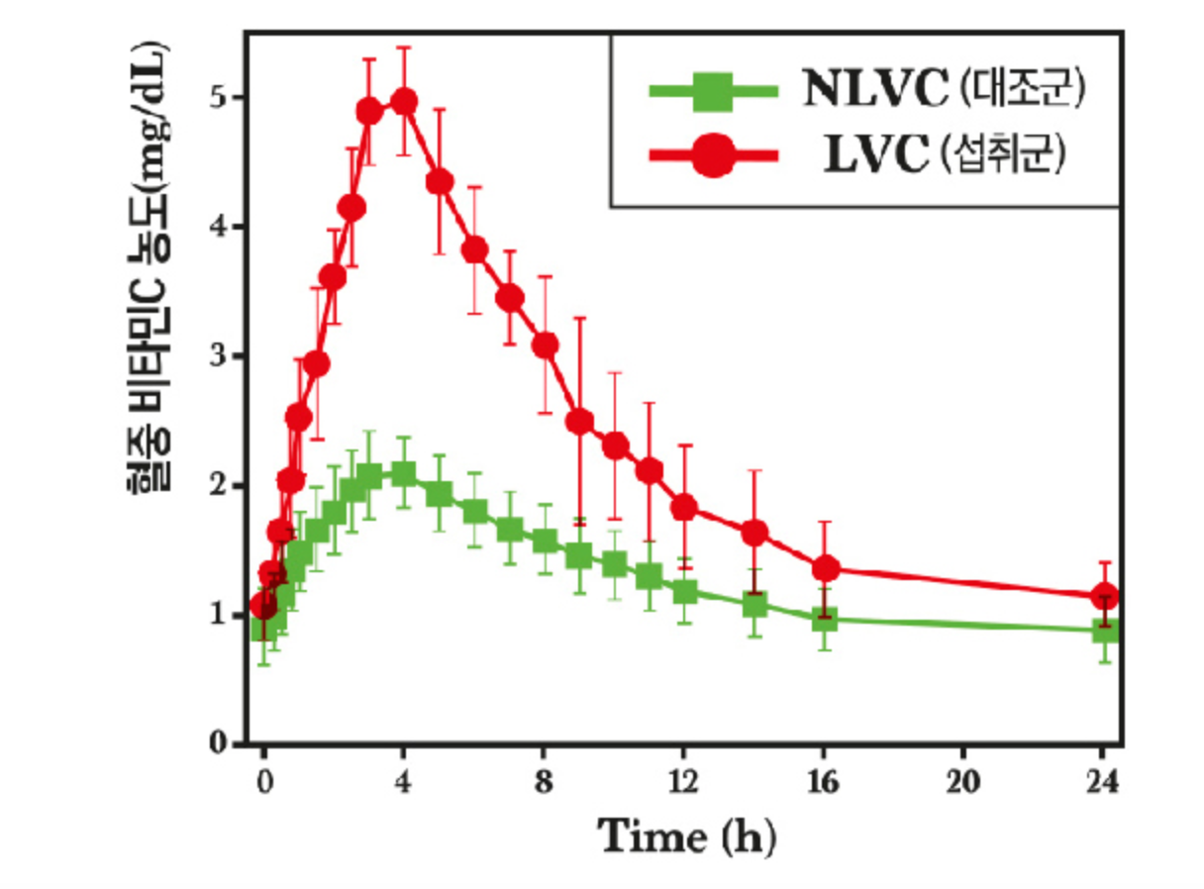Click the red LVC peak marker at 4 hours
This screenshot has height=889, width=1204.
(404, 102)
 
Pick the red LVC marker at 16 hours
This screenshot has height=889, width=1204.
(825, 569)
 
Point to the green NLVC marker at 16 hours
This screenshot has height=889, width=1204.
(825, 620)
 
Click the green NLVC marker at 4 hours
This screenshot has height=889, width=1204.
(404, 474)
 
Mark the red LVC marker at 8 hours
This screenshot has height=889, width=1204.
(545, 345)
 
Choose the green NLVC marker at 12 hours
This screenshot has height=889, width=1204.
(684, 592)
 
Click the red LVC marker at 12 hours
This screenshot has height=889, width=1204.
(684, 508)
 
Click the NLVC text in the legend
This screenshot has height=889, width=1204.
(874, 91)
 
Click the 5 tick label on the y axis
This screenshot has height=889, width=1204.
(215, 98)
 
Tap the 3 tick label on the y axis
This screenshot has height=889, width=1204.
(215, 356)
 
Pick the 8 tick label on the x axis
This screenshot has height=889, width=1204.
(545, 782)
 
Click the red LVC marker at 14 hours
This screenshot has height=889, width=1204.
(754, 534)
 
